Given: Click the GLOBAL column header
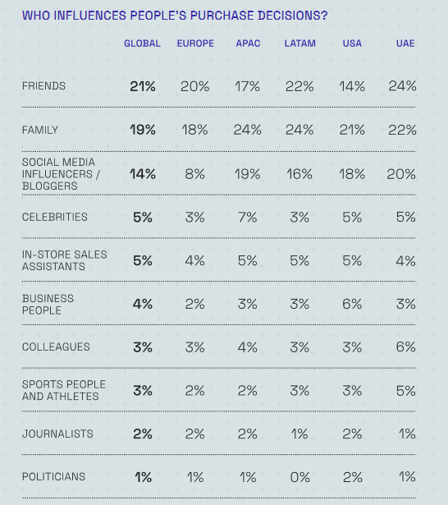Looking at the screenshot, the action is coord(142,44).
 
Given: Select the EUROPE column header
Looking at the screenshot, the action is coord(195,44).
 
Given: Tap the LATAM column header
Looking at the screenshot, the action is coord(300,44).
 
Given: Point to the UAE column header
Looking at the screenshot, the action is coord(405,44).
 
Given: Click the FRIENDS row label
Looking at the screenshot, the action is coord(43,86).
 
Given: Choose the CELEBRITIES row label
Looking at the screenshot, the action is coord(55,217).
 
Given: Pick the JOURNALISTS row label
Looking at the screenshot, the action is coord(57,434).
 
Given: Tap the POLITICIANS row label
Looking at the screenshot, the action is coord(54,476).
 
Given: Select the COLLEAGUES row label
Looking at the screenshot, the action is coord(56,347).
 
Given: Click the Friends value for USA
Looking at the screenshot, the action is coord(352,86).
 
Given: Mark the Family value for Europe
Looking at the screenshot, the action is coord(194,130).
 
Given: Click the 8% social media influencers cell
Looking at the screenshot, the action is coord(194,174).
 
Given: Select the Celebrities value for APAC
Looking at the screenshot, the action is coord(248,218).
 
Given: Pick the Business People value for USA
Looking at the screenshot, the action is coord(352,304).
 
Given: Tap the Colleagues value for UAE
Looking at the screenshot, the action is coord(406,347).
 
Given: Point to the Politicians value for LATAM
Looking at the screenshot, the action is coord(300,477).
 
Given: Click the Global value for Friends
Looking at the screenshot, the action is coord(143,86).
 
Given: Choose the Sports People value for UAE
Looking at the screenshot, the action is coord(406,391).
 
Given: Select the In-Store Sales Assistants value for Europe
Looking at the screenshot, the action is coord(194,260).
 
